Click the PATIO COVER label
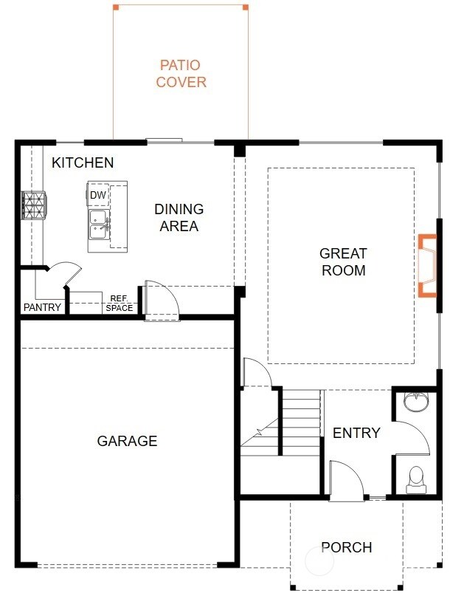[181, 74]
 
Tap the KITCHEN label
[83, 162]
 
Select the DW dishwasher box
[98, 194]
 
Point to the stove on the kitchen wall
[33, 205]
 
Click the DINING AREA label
[179, 218]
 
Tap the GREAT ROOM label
[343, 262]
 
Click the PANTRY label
[42, 307]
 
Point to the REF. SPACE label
[119, 303]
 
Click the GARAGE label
[127, 442]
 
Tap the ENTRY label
[356, 433]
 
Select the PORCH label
[346, 547]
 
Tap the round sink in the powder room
[417, 403]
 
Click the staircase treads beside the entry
[300, 421]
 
